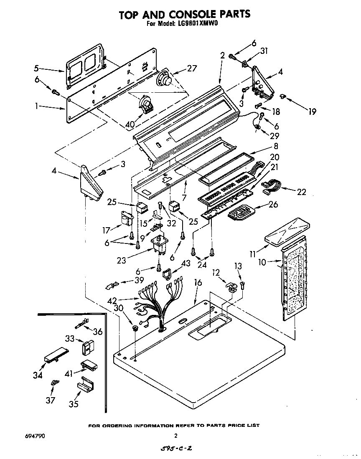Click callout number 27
[192, 68]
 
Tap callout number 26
[273, 205]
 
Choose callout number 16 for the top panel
[198, 283]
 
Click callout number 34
[38, 375]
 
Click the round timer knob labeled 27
[164, 79]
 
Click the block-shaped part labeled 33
[88, 346]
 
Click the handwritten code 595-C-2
[175, 449]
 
